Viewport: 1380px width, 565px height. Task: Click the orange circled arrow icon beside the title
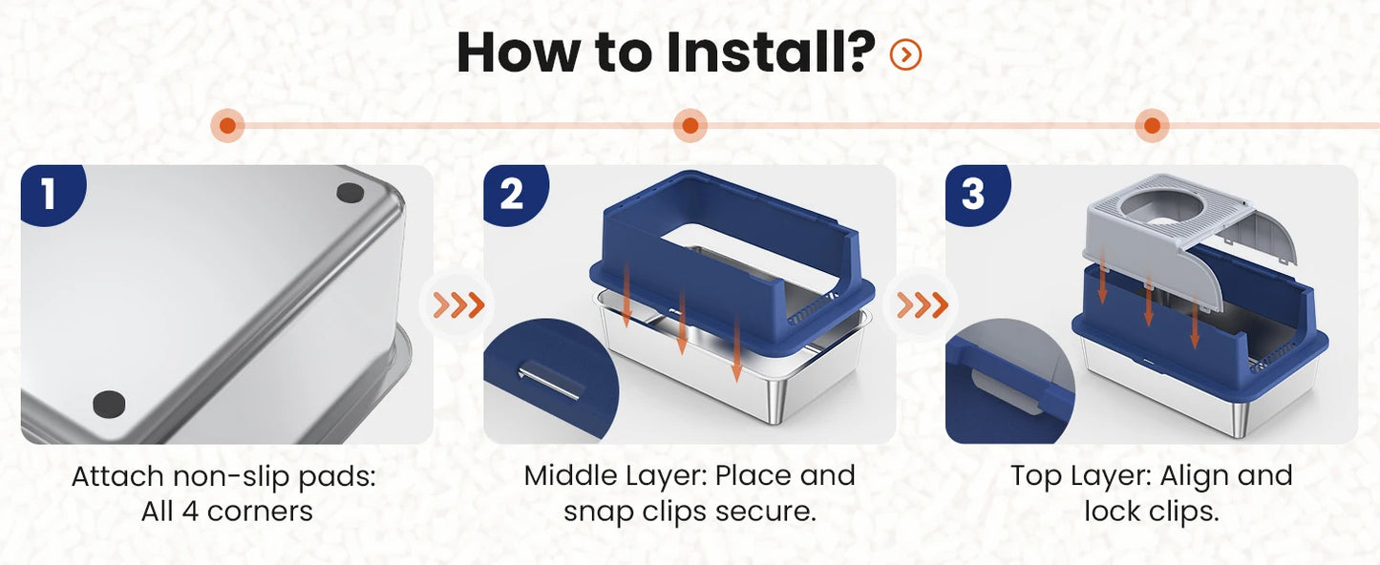pos(905,54)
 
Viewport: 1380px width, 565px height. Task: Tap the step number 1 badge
pos(51,193)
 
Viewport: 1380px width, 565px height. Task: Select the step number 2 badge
pos(513,193)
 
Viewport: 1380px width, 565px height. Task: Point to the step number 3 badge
pos(975,193)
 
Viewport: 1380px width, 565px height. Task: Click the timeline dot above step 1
pos(228,126)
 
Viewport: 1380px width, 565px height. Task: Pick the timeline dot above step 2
pos(690,126)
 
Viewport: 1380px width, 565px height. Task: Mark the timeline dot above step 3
pos(1152,126)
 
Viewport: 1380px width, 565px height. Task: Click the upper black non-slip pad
pos(350,193)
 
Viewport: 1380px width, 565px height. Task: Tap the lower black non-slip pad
pos(109,404)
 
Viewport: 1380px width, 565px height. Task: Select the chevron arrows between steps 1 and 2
pos(458,304)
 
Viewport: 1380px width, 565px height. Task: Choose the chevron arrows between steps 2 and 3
pos(922,304)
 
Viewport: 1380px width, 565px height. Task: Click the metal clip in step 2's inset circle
pos(550,382)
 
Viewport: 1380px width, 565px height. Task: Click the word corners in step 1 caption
pos(260,512)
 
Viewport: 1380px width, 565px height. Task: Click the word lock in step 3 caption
pos(1111,511)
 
